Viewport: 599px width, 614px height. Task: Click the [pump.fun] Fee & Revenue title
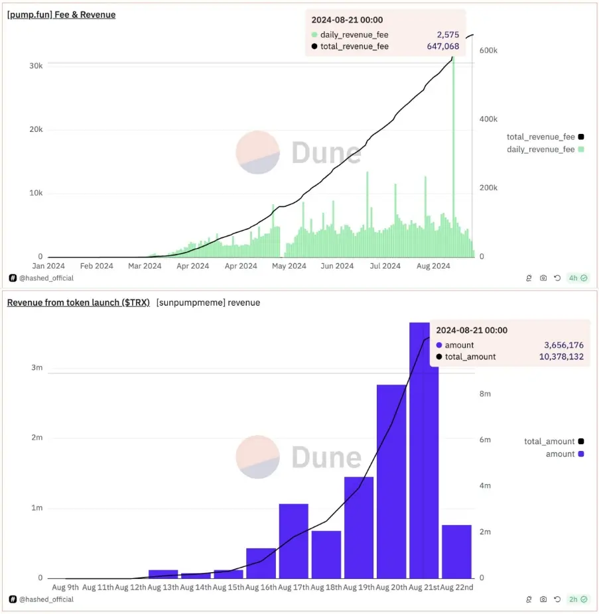61,15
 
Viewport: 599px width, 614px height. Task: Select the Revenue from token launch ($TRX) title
77,302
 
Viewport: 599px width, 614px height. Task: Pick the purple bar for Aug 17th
294,540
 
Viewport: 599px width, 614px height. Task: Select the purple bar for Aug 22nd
456,551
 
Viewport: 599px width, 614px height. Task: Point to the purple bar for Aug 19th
359,527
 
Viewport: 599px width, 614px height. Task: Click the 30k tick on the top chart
36,66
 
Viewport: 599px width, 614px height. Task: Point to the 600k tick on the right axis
488,50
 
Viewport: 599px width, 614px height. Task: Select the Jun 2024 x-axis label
337,266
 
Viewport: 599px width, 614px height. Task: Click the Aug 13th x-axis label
163,587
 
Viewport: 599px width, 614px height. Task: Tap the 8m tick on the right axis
485,394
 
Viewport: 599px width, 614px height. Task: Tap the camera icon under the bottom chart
543,599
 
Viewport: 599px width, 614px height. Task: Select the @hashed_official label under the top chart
46,278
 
